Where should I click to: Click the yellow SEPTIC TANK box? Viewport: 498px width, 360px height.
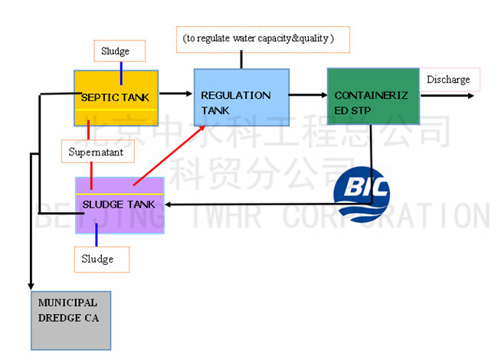tap(115, 98)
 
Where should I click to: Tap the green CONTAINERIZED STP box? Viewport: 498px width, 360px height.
tap(372, 97)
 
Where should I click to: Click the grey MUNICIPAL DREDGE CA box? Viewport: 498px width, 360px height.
tap(70, 319)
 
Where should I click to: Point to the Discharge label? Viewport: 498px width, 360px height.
tap(450, 80)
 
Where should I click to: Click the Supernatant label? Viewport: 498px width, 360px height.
tap(97, 152)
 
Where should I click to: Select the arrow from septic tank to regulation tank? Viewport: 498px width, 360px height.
tap(175, 93)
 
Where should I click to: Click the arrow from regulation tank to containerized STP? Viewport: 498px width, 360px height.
tap(308, 95)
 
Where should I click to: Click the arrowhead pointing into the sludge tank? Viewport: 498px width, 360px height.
tap(169, 204)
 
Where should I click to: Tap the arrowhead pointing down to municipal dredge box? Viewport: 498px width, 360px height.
tap(31, 285)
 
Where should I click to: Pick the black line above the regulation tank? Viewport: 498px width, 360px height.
tap(242, 60)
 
